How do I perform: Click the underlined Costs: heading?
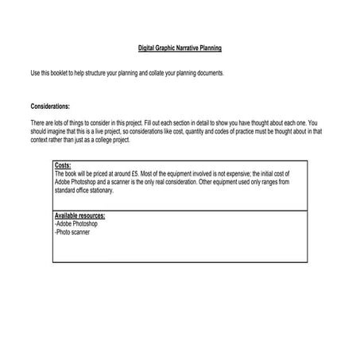(63, 165)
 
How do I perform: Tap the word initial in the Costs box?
(265, 172)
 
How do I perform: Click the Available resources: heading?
(79, 216)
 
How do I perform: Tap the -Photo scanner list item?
(72, 230)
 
